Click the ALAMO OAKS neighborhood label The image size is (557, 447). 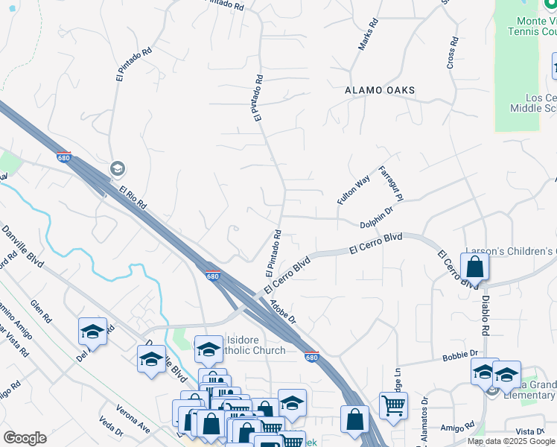click(380, 90)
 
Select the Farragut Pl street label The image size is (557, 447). click(391, 183)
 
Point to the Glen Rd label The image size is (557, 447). click(42, 311)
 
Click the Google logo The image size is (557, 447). click(25, 438)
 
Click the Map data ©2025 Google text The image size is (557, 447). click(511, 441)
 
